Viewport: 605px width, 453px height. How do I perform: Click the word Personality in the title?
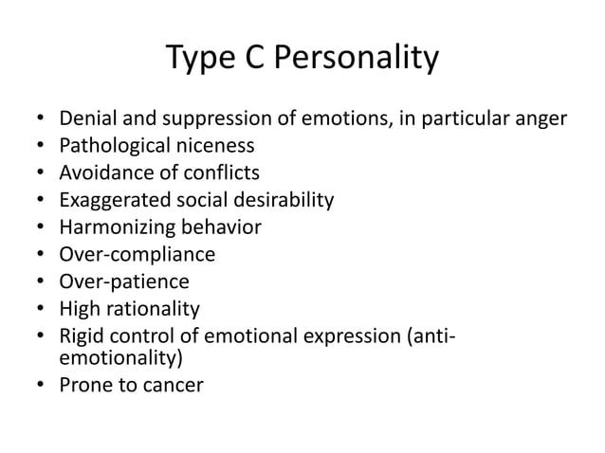[357, 60]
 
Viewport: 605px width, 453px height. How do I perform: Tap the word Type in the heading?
[201, 60]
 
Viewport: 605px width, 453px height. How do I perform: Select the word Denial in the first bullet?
[88, 119]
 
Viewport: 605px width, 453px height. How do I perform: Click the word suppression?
[206, 119]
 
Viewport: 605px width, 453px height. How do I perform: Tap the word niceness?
[219, 146]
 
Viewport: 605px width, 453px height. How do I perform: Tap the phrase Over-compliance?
[137, 254]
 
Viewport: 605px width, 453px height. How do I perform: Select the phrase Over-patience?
[123, 281]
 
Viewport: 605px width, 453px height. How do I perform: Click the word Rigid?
[82, 335]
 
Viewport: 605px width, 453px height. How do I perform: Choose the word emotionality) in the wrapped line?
[120, 359]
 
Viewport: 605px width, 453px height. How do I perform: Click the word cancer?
[172, 386]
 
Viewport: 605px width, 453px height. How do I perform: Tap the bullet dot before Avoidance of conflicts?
[39, 173]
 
